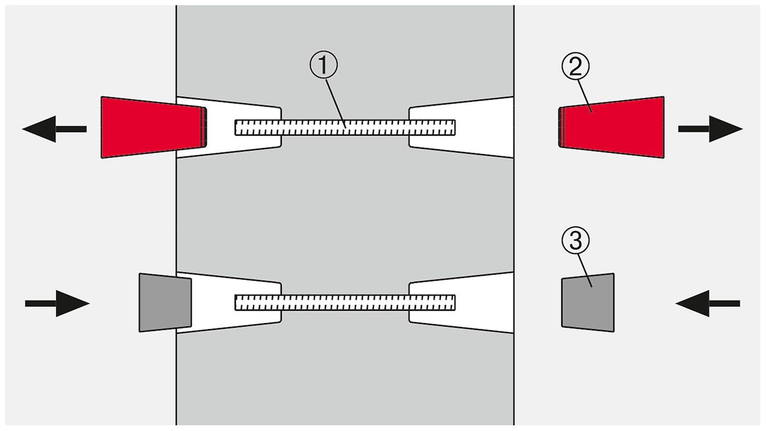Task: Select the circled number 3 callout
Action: pyautogui.click(x=575, y=241)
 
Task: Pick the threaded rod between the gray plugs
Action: pyautogui.click(x=345, y=302)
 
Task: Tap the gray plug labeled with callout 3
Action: pyautogui.click(x=588, y=302)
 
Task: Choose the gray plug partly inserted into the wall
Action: pyautogui.click(x=165, y=302)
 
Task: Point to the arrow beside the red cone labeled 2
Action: pyautogui.click(x=711, y=129)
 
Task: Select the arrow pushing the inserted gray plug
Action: pyautogui.click(x=57, y=303)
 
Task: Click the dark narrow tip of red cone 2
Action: pyautogui.click(x=561, y=127)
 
